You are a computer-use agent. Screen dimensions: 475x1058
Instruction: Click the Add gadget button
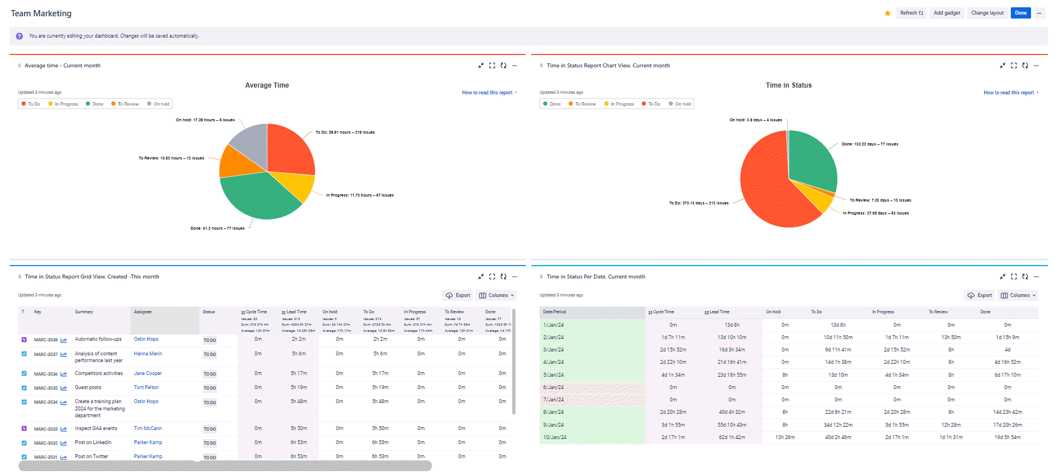coord(947,13)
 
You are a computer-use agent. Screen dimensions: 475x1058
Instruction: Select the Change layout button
coord(987,13)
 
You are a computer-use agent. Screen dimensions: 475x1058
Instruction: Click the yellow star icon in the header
coord(887,13)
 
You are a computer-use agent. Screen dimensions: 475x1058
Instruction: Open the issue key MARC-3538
coord(45,340)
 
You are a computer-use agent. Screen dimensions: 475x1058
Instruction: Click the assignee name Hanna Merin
coord(148,354)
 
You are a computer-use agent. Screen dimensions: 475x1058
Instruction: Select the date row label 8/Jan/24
coord(553,412)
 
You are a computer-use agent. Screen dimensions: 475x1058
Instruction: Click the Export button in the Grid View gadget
coord(458,295)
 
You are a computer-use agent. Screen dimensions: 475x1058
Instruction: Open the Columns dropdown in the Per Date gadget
coord(1018,295)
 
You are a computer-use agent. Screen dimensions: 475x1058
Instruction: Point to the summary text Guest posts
coord(88,387)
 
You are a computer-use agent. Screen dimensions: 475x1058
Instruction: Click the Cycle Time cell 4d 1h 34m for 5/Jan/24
coord(673,375)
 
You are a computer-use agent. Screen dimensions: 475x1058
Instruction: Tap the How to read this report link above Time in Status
coord(1009,93)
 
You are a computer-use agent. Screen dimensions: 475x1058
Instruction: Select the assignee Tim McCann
coord(148,428)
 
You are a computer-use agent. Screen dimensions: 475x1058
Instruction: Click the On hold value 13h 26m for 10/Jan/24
coord(785,437)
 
